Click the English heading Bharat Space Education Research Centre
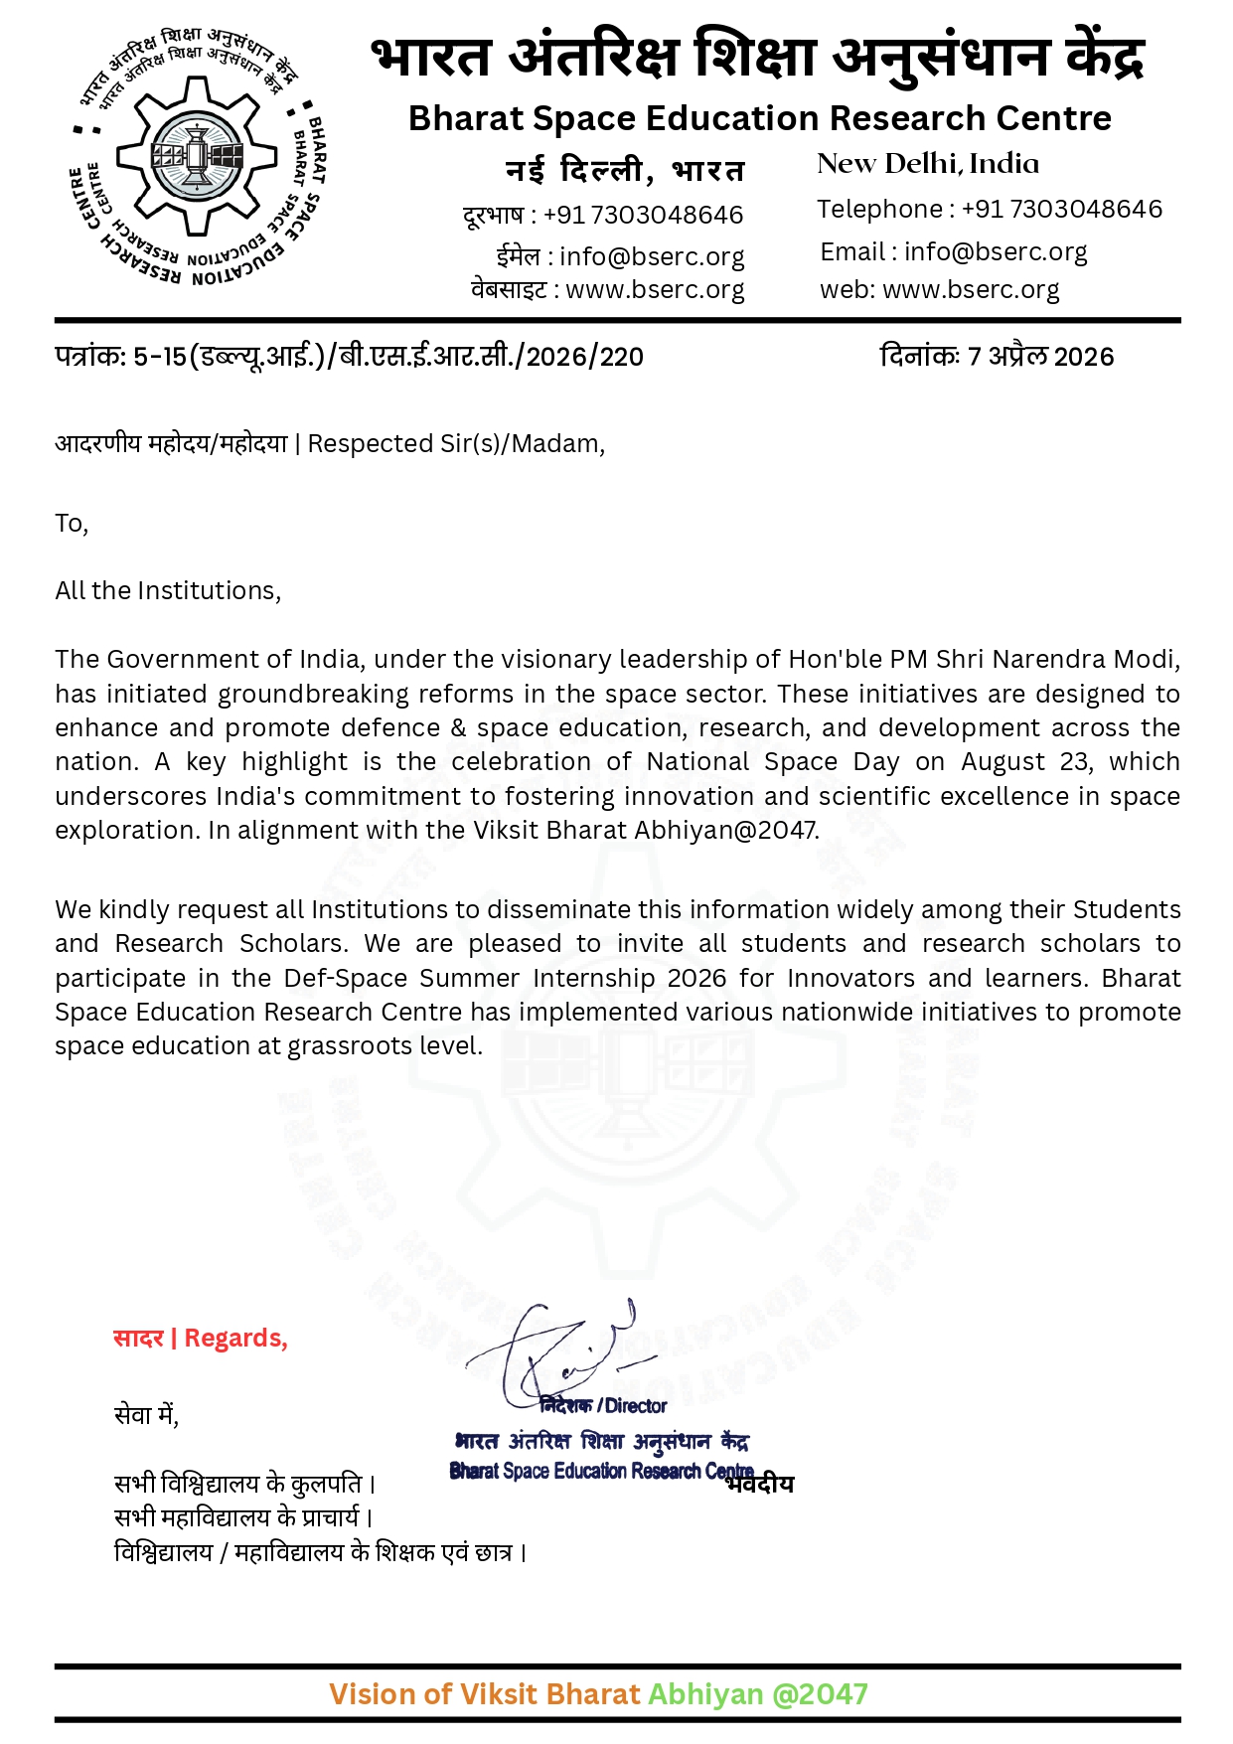(759, 118)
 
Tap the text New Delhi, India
(927, 164)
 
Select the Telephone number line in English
(989, 210)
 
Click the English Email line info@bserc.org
(953, 252)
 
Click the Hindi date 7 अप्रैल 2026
(1040, 357)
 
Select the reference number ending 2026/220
(349, 357)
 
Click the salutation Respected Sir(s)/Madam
(455, 443)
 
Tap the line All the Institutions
(168, 591)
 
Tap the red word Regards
(235, 1339)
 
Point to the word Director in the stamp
(636, 1406)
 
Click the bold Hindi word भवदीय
(760, 1485)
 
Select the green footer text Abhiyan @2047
(757, 1694)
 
